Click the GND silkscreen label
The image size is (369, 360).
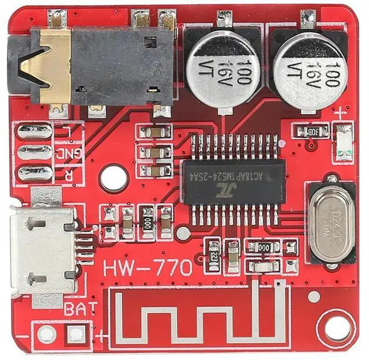click(x=69, y=153)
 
